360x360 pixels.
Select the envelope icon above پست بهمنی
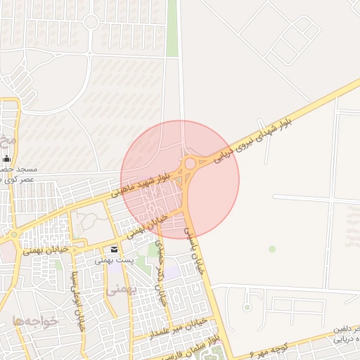tap(114, 250)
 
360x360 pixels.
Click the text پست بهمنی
tap(115, 260)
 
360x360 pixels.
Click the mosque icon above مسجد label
tap(6, 159)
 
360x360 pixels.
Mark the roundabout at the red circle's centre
tap(190, 165)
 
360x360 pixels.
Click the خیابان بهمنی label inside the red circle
tap(153, 224)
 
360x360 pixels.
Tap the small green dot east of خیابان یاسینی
tap(272, 249)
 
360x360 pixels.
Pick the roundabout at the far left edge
tap(13, 235)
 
